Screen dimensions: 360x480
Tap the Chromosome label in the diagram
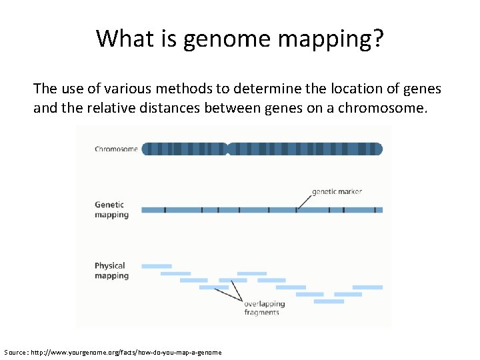pyautogui.click(x=116, y=149)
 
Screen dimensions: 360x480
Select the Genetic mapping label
pyautogui.click(x=111, y=210)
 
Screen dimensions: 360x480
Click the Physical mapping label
pyautogui.click(x=111, y=271)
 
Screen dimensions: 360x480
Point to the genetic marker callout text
pyautogui.click(x=337, y=191)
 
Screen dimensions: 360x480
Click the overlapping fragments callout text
pyautogui.click(x=264, y=308)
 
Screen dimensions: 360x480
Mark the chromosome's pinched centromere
pyautogui.click(x=227, y=149)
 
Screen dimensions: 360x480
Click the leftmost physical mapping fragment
pyautogui.click(x=157, y=266)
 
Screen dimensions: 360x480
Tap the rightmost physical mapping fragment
pyautogui.click(x=367, y=287)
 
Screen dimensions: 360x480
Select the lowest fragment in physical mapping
pyautogui.click(x=329, y=301)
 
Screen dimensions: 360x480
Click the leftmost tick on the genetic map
pyautogui.click(x=165, y=210)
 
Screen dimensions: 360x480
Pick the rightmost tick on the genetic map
pyautogui.click(x=375, y=210)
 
